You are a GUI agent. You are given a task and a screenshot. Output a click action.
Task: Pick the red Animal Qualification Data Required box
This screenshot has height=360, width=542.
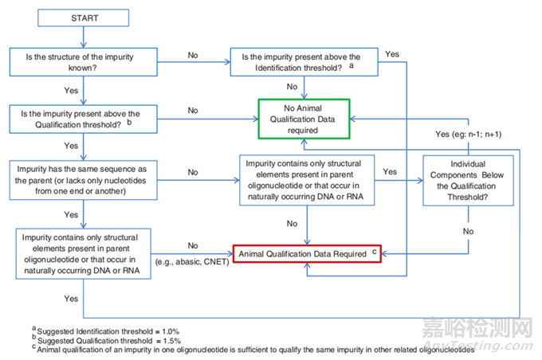305,253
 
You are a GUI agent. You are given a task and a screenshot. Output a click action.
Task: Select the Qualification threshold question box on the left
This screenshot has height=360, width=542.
84,119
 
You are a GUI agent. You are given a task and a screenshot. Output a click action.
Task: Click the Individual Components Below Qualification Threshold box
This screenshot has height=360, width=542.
466,182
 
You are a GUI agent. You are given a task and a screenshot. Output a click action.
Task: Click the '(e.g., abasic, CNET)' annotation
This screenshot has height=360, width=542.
194,261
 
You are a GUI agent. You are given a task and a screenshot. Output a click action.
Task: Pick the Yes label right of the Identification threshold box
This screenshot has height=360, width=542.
391,54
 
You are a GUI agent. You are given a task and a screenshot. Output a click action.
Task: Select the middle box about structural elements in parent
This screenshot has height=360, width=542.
305,181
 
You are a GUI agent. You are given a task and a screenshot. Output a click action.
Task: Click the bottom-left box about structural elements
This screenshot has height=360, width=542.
84,253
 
